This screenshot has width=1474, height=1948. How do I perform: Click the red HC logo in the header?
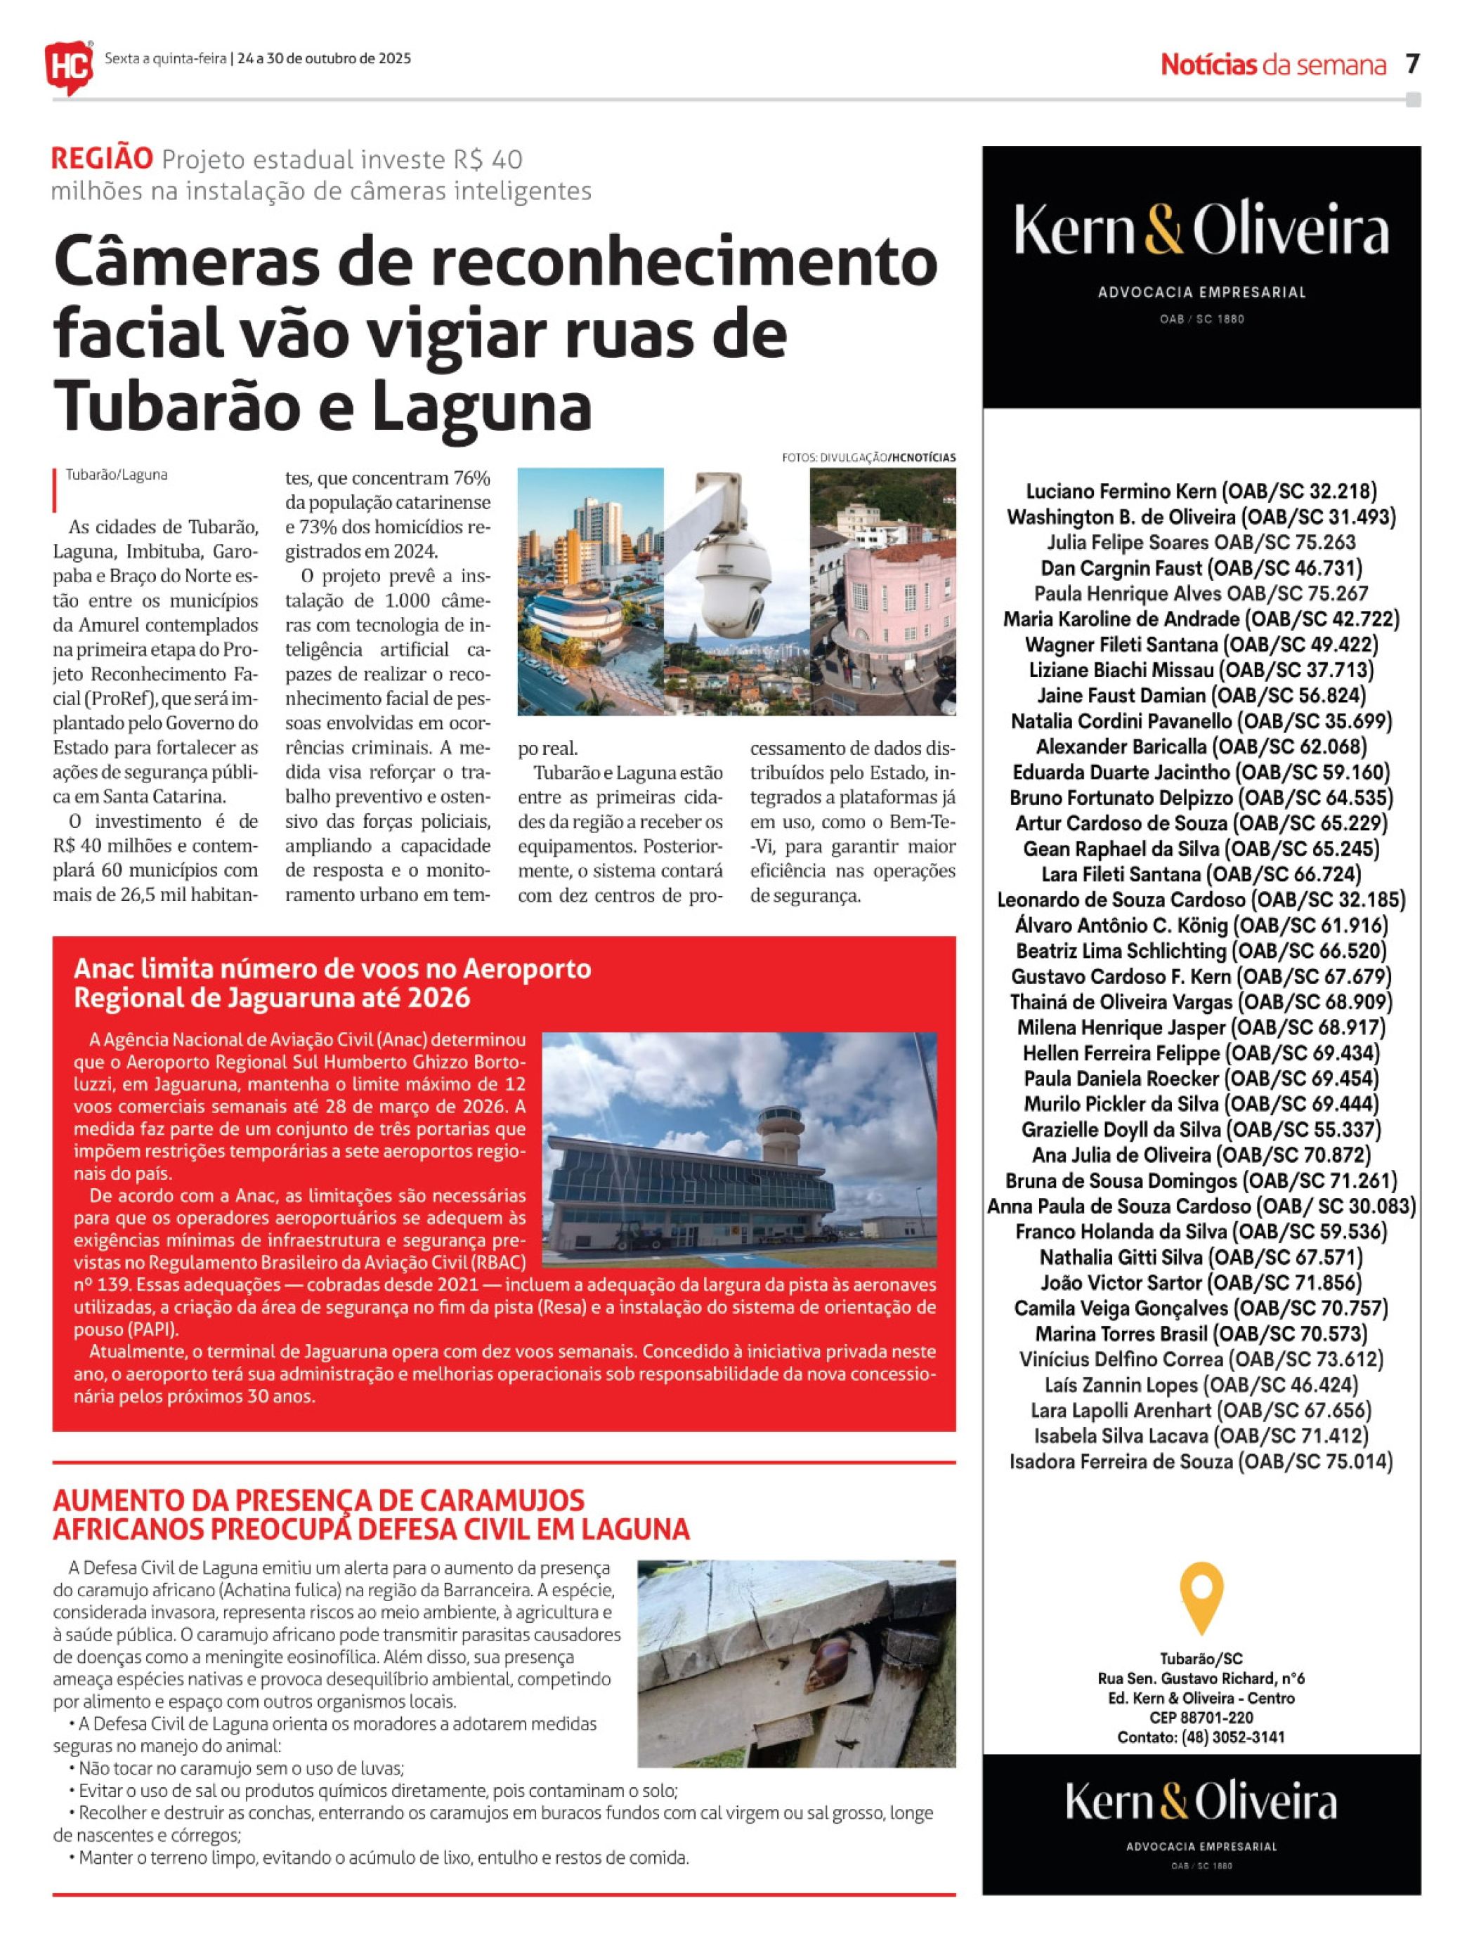point(69,62)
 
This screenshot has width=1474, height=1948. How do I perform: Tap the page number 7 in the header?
point(1412,63)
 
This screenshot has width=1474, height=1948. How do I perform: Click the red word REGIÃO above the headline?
point(101,159)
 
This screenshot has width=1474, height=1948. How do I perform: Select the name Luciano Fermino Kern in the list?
point(1123,492)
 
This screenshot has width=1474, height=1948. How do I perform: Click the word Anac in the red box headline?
point(103,968)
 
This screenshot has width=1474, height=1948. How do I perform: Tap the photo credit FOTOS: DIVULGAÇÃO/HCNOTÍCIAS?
point(868,458)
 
